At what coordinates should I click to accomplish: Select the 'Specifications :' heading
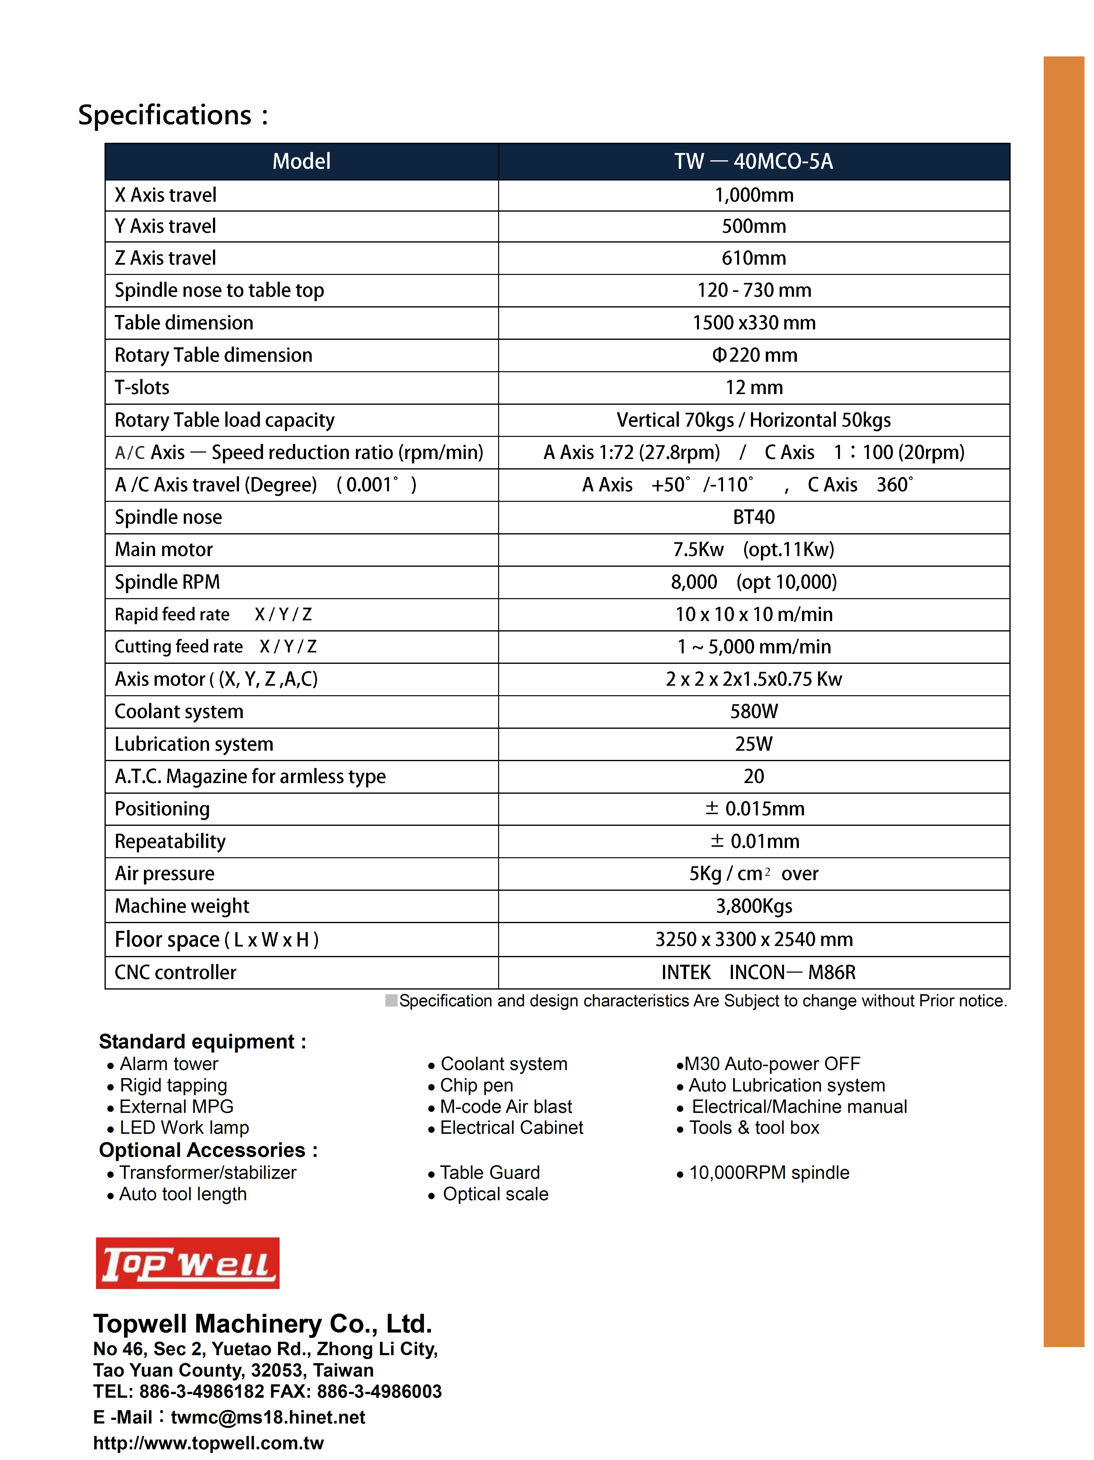click(173, 115)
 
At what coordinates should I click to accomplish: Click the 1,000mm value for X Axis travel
click(754, 195)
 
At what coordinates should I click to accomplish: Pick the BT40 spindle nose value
click(754, 517)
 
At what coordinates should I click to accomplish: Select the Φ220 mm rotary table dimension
click(754, 355)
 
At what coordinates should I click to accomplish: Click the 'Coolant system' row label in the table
click(179, 712)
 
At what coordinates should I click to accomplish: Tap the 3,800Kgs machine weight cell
click(754, 906)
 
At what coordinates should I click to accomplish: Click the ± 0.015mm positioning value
click(754, 809)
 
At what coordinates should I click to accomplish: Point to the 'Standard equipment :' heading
click(202, 1042)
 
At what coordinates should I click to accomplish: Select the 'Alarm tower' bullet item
click(168, 1064)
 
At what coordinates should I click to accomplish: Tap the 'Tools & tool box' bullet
click(754, 1127)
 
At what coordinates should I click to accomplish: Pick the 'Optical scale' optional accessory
click(495, 1194)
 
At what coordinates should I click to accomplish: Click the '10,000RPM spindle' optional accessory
click(769, 1172)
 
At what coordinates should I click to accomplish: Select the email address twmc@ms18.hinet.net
click(268, 1417)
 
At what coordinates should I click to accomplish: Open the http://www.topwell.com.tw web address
click(209, 1443)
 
